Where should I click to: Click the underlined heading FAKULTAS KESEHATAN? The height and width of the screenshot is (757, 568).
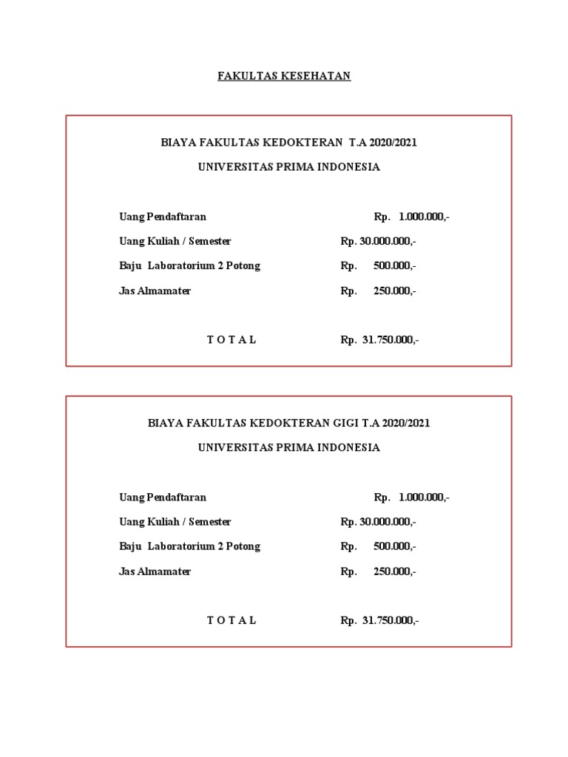pos(284,76)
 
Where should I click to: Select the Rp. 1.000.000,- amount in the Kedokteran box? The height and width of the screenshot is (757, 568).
pos(412,217)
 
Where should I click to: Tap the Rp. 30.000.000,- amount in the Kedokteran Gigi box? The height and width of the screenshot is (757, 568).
pos(379,522)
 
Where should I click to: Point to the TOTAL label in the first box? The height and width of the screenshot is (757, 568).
pos(231,340)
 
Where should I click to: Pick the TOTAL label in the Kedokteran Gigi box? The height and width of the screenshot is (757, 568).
pos(231,620)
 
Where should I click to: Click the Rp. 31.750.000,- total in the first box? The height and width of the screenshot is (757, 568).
pos(380,340)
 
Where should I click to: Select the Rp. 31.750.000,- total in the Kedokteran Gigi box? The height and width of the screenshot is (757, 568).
pos(380,620)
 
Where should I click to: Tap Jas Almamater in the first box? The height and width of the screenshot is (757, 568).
pos(155,291)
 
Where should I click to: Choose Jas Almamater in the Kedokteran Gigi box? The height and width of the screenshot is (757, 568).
pos(155,571)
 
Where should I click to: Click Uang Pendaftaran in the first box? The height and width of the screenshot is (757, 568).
pos(163,217)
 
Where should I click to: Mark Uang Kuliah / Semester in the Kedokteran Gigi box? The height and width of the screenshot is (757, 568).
pos(175,522)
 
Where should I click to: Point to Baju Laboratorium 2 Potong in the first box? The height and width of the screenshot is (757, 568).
pos(190,265)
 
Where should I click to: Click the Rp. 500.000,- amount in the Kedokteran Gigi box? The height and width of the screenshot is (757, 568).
pos(379,546)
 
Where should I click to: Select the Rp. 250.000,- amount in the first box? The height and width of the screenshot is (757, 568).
pos(379,291)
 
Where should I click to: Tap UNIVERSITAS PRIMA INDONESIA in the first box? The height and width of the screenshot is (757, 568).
pos(289,167)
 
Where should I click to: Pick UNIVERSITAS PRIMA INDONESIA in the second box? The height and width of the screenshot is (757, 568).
pos(289,447)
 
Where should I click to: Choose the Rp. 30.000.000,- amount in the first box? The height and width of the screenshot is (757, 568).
pos(379,241)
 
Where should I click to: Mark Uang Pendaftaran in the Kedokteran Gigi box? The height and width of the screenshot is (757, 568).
pos(163,497)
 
